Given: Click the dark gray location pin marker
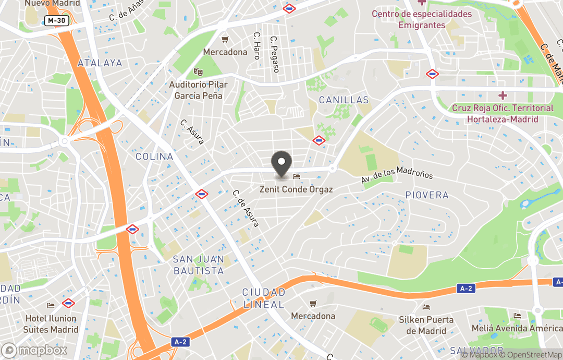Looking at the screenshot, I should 282,164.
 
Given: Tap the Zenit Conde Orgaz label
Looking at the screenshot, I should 296,189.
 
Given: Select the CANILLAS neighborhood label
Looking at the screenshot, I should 344,100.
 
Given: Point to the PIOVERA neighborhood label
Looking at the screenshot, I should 427,195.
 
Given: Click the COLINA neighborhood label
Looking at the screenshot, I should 154,157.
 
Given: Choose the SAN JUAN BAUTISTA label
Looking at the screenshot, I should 199,265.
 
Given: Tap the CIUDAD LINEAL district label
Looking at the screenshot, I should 264,298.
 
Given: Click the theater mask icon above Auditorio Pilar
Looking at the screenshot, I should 198,71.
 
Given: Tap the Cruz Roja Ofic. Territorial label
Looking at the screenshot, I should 503,113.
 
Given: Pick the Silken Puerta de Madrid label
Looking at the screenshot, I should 426,325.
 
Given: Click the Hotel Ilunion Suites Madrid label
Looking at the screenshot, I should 51,323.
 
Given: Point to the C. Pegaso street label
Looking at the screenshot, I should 275,54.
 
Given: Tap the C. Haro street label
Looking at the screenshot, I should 257,46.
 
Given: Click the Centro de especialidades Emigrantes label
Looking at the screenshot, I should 422,19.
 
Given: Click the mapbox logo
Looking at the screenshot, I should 34,350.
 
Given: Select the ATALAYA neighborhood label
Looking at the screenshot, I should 100,63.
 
